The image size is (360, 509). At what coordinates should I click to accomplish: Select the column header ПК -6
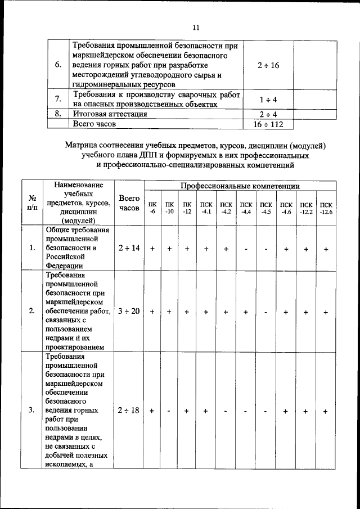pyautogui.click(x=152, y=208)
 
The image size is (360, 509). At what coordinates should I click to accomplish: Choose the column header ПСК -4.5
pyautogui.click(x=266, y=208)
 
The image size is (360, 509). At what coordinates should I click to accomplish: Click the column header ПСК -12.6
pyautogui.click(x=326, y=208)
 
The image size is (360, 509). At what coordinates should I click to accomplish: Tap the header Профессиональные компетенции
pyautogui.click(x=240, y=186)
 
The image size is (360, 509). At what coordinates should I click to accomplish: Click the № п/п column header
pyautogui.click(x=33, y=203)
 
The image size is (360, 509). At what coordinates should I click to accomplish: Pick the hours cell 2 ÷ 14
pyautogui.click(x=129, y=248)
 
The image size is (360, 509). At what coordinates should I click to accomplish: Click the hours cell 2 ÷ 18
pyautogui.click(x=129, y=411)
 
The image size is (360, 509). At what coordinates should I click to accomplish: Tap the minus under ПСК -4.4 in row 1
pyautogui.click(x=246, y=248)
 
